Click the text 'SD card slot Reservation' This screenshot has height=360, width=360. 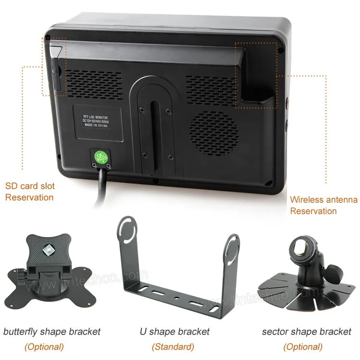click(30, 192)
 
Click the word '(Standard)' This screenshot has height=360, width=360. click(173, 347)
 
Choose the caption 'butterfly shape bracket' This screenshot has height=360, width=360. click(52, 331)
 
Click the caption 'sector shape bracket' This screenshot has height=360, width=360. click(307, 331)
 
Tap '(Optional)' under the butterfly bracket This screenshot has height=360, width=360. click(44, 347)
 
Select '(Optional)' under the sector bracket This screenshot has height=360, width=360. click(302, 347)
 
